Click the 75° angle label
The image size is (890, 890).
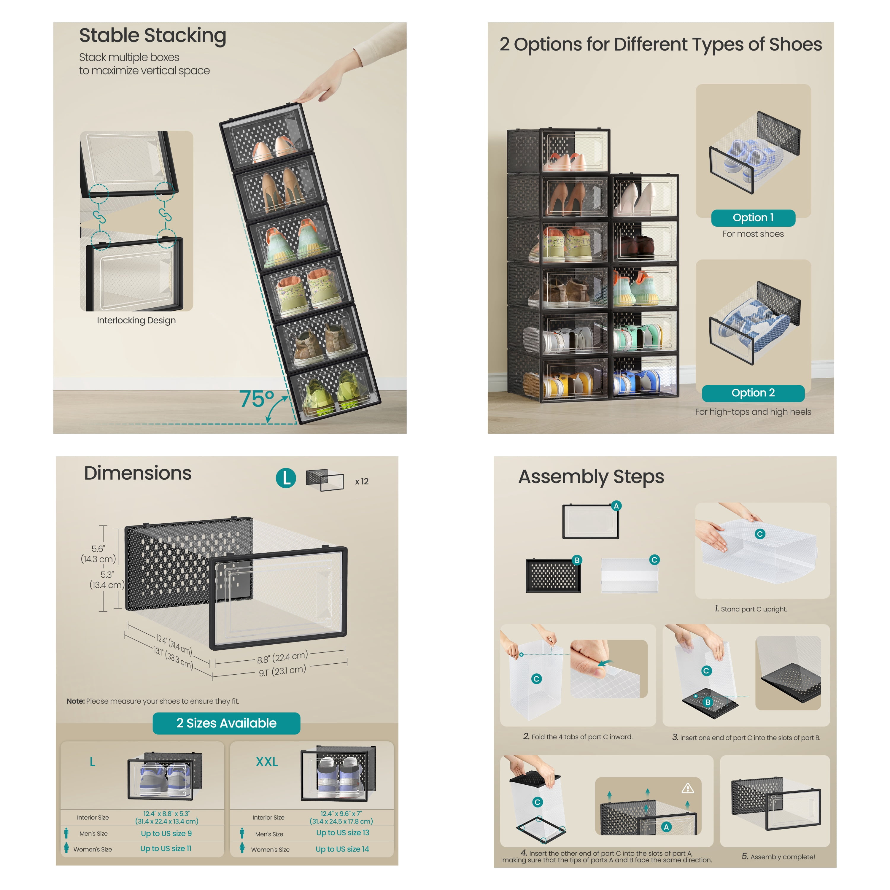pos(257,399)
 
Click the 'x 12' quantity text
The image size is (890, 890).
pos(362,481)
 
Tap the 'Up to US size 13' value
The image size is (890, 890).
pos(342,832)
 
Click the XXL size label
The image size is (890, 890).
pos(267,762)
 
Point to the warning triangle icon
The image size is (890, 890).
pos(687,788)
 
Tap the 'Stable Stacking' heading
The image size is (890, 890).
pos(152,36)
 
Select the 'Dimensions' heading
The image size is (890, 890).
pos(138,473)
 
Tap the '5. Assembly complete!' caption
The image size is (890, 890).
pos(778,856)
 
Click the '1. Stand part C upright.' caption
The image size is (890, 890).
pos(751,609)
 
